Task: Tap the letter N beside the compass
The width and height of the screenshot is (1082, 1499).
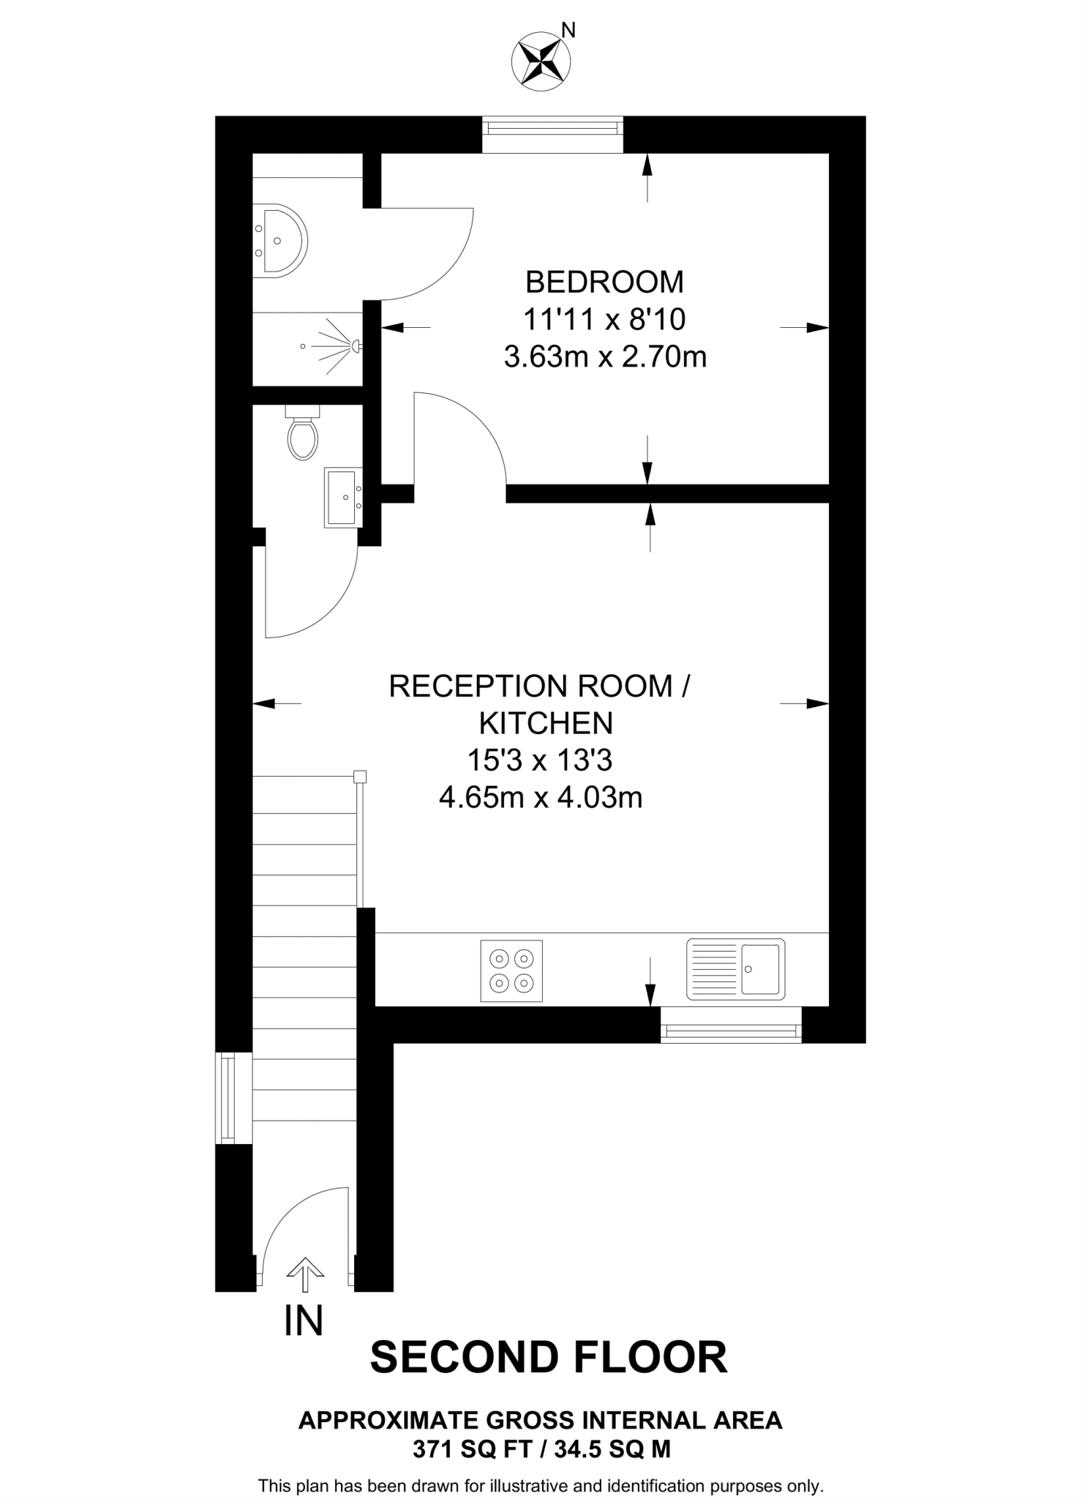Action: (x=568, y=30)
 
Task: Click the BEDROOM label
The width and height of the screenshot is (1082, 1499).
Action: (x=604, y=282)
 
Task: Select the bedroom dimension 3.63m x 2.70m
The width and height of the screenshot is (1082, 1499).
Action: (x=605, y=357)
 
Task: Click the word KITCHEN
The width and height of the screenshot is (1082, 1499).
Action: (x=546, y=723)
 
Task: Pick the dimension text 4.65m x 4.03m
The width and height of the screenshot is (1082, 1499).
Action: (x=541, y=797)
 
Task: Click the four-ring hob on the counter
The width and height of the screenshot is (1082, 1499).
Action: (x=511, y=971)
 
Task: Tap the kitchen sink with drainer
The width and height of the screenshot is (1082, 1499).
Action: (x=735, y=969)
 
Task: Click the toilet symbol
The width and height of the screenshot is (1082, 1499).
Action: (x=302, y=434)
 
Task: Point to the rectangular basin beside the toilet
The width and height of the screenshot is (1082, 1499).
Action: (x=342, y=498)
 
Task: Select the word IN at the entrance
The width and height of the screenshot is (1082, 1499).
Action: (x=303, y=1321)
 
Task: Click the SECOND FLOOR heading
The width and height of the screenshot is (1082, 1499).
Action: (x=549, y=1358)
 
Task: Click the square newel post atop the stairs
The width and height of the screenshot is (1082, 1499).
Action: (x=359, y=777)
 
